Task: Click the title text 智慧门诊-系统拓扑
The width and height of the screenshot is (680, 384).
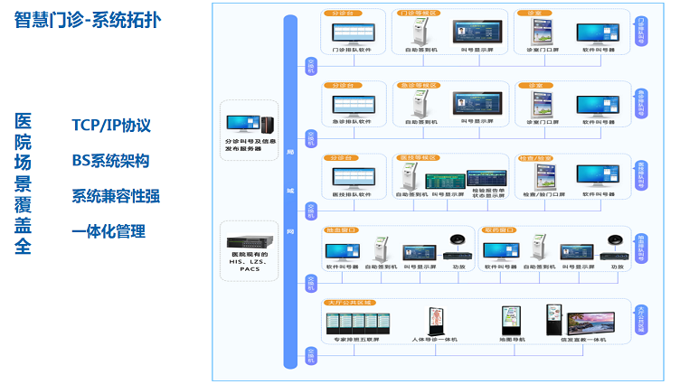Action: [88, 21]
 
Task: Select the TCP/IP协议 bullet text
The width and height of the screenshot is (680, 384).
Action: [111, 125]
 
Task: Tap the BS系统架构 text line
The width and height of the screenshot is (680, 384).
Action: [110, 161]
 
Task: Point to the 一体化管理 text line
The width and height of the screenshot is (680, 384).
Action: [109, 231]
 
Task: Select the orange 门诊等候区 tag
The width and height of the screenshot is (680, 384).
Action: [417, 14]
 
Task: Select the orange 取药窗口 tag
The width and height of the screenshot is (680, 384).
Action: [499, 230]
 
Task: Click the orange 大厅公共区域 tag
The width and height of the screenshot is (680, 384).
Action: [349, 303]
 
